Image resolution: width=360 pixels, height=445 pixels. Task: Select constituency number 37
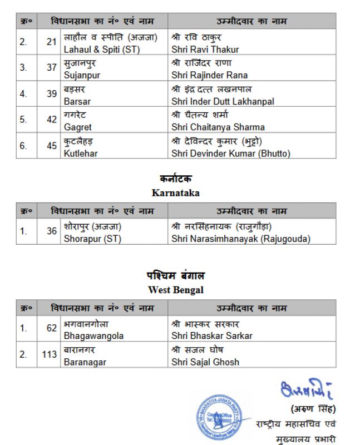[x=52, y=67]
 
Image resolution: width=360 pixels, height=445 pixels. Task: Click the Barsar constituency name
[x=77, y=102]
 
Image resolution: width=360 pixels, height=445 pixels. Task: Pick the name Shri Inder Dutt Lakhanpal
[x=223, y=102]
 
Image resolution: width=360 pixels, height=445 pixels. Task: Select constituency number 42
[x=52, y=120]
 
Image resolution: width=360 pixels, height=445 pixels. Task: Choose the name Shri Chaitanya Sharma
[x=218, y=127]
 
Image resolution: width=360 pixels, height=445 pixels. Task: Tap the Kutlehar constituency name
[x=81, y=153]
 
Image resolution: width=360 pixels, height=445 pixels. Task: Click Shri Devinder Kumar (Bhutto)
[x=231, y=153]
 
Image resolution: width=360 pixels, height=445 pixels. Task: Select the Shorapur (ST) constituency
[x=92, y=239]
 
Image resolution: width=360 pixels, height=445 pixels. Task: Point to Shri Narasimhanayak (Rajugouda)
[x=240, y=239]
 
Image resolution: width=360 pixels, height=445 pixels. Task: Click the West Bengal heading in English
[x=175, y=290]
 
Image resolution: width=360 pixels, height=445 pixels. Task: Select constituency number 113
[x=50, y=354]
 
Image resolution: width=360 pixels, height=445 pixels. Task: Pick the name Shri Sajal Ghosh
[x=205, y=362]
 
